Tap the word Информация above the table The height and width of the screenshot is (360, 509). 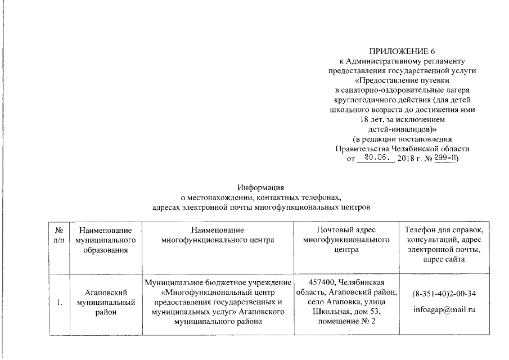pos(261,188)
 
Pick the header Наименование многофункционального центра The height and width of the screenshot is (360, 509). pos(217,235)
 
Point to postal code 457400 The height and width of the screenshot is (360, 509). pos(326,281)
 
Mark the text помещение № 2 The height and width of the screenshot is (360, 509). pos(346,321)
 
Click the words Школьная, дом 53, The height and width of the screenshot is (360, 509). pos(346,311)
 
